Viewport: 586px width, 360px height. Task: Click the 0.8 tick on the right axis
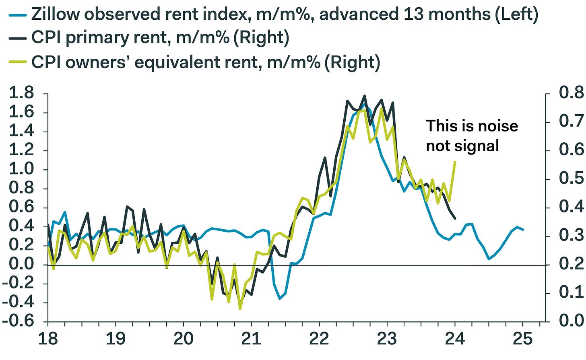pyautogui.click(x=571, y=93)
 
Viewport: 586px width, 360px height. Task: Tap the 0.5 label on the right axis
pyautogui.click(x=571, y=178)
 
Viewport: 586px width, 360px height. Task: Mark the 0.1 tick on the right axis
pyautogui.click(x=571, y=292)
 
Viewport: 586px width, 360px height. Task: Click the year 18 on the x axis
pyautogui.click(x=47, y=339)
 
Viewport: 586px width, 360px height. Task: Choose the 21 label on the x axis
pyautogui.click(x=251, y=339)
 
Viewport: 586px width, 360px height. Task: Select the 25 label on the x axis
pyautogui.click(x=523, y=339)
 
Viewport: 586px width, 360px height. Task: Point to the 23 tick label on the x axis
pyautogui.click(x=387, y=339)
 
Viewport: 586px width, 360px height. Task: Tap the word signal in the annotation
pyautogui.click(x=479, y=146)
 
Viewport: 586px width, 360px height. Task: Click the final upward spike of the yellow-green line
pyautogui.click(x=455, y=162)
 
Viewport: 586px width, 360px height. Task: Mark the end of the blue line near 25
pyautogui.click(x=523, y=230)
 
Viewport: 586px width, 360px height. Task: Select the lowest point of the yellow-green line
pyautogui.click(x=240, y=309)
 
